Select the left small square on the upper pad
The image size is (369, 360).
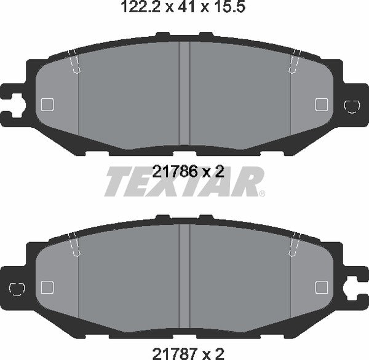(x=47, y=104)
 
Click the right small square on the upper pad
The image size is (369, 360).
(x=321, y=104)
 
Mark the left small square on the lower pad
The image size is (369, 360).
(x=47, y=287)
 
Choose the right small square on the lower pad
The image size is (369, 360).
(x=321, y=287)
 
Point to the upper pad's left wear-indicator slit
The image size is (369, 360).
(x=75, y=61)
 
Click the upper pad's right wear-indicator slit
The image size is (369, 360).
(x=293, y=61)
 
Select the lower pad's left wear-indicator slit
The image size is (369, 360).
(x=75, y=244)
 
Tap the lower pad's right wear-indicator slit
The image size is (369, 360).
(x=293, y=244)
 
